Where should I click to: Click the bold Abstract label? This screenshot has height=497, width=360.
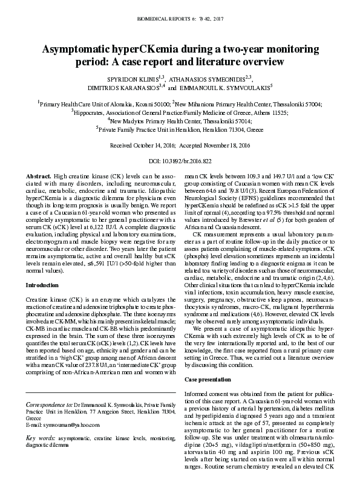pos(39,175)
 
